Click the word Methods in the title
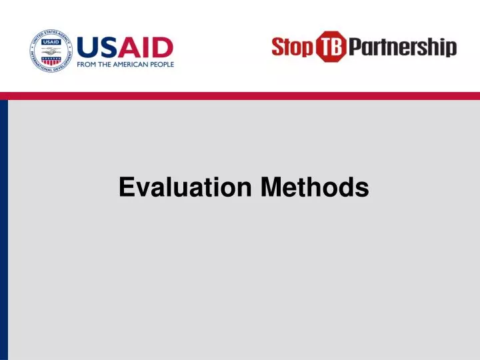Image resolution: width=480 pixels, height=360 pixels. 315,187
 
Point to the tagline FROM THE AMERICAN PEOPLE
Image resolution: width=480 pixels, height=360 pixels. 125,65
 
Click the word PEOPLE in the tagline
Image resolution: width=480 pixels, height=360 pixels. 162,65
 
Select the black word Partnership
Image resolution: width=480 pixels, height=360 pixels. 403,48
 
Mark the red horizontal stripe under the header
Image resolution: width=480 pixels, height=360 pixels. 240,96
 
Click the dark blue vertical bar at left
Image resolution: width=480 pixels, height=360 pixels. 4,230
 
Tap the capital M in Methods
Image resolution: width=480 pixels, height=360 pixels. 271,187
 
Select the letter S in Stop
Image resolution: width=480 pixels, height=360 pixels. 278,47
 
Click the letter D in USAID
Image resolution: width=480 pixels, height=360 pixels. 163,47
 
